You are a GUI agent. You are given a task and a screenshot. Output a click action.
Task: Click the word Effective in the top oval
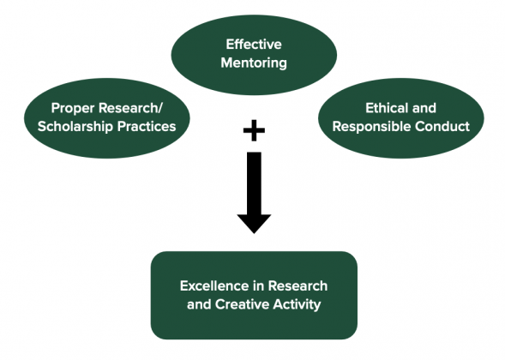[x=254, y=44]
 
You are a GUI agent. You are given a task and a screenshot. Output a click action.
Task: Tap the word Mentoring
[x=254, y=63]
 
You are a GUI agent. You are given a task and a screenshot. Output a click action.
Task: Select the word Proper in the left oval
[x=73, y=108]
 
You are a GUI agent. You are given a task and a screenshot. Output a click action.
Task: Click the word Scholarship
[x=75, y=126]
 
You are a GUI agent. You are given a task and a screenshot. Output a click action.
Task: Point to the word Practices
[x=147, y=126]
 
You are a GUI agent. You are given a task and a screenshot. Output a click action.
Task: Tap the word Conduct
[x=442, y=126]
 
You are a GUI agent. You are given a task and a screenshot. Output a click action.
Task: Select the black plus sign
[x=254, y=130]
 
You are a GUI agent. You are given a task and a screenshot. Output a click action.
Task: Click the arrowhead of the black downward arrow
[x=254, y=223]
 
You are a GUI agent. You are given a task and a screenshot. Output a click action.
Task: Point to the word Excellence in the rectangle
[x=210, y=286]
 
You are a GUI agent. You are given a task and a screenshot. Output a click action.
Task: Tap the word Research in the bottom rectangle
[x=298, y=286]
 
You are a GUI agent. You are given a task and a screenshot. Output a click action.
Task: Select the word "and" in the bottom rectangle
[x=199, y=304]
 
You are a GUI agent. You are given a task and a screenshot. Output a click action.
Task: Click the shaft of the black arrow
[x=254, y=183]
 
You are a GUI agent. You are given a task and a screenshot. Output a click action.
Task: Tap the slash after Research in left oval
[x=159, y=109]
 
